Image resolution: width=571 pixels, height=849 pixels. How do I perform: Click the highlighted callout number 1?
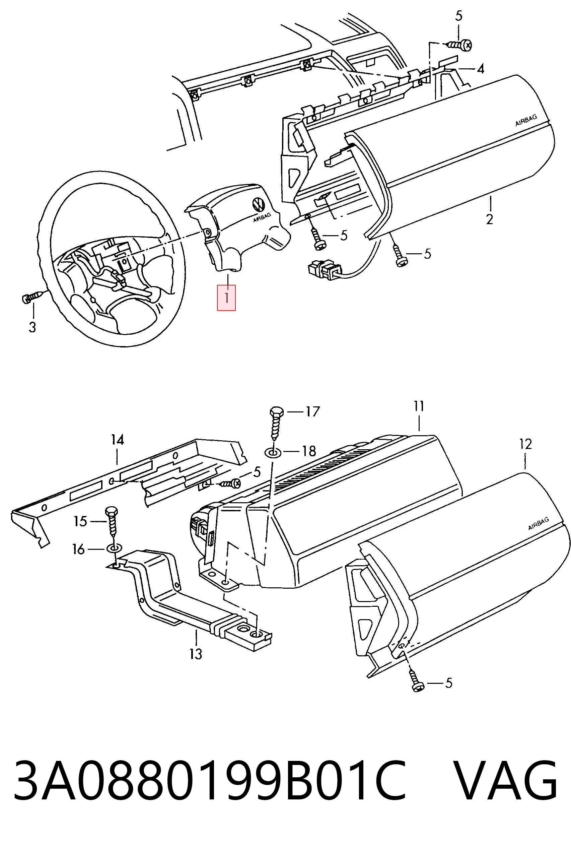(x=226, y=298)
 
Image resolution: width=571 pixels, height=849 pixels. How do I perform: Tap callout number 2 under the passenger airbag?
(x=489, y=219)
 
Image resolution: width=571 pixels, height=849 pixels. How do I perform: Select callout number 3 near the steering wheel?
(x=32, y=327)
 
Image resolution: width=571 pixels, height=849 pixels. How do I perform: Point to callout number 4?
(x=481, y=68)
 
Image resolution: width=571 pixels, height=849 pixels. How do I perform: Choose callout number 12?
(x=525, y=444)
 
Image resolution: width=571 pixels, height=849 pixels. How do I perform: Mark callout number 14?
(x=117, y=440)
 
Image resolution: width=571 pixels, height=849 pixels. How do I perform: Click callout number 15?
(x=80, y=521)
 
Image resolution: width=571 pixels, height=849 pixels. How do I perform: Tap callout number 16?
(x=78, y=549)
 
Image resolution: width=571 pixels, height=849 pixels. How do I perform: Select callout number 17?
(x=312, y=411)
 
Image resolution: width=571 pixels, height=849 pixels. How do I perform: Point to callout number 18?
(x=309, y=451)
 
